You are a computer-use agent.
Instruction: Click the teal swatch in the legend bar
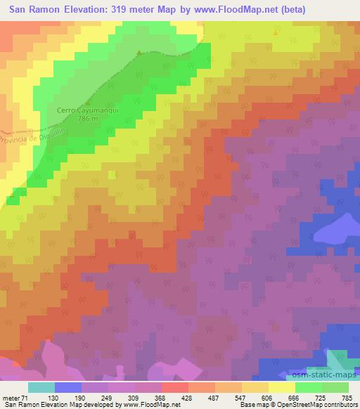pyautogui.click(x=41, y=387)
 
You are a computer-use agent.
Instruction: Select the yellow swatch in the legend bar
pyautogui.click(x=282, y=387)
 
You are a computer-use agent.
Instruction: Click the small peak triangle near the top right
pyautogui.click(x=276, y=31)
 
